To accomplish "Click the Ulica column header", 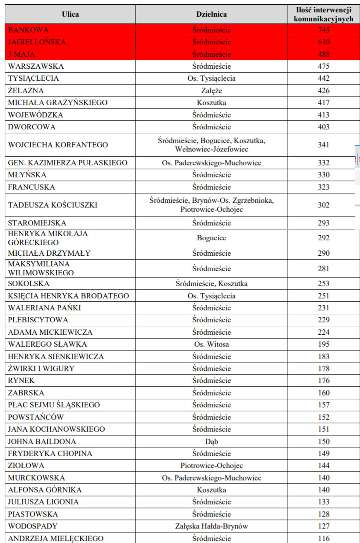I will click(70, 15).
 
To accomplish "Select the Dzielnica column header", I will click(211, 15).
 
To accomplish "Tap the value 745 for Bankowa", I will click(324, 30).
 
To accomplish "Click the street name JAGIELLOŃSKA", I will click(37, 42).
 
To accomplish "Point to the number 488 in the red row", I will click(324, 54).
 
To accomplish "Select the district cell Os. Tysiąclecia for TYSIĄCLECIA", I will click(211, 79).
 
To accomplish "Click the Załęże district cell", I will click(211, 90).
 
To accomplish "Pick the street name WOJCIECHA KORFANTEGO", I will click(58, 145).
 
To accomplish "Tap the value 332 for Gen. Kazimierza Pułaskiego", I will click(324, 163).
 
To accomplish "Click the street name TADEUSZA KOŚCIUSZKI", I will click(53, 205).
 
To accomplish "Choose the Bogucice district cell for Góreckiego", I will click(211, 238).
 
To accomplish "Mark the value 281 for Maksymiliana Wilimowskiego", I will click(324, 269).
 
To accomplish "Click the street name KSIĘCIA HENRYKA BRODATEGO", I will click(68, 296).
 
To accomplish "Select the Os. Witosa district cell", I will click(211, 344).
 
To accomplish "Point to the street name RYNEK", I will click(21, 380).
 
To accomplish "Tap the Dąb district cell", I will click(211, 441).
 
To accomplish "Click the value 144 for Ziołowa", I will click(324, 465).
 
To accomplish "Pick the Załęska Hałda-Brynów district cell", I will click(211, 526).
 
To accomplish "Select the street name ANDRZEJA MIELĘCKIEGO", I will click(56, 538).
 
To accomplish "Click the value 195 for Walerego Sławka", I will click(324, 344).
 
